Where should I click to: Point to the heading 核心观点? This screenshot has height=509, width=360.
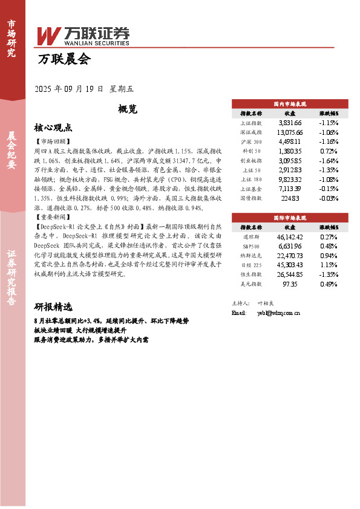53,128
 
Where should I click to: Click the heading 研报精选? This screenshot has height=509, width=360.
53,306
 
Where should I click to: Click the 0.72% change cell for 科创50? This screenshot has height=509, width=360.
328,151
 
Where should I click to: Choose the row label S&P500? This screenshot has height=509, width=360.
250,245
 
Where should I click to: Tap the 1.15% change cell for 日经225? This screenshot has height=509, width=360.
328,265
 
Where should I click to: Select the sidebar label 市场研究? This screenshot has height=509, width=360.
11,39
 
